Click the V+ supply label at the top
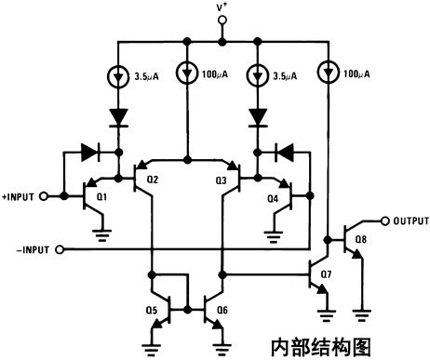pyautogui.click(x=222, y=9)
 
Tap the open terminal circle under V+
pyautogui.click(x=222, y=28)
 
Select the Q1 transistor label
pyautogui.click(x=102, y=198)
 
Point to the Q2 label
pyautogui.click(x=154, y=180)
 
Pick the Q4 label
pyautogui.click(x=272, y=198)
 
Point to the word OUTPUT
pyautogui.click(x=409, y=220)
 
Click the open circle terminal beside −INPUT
pyautogui.click(x=58, y=249)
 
